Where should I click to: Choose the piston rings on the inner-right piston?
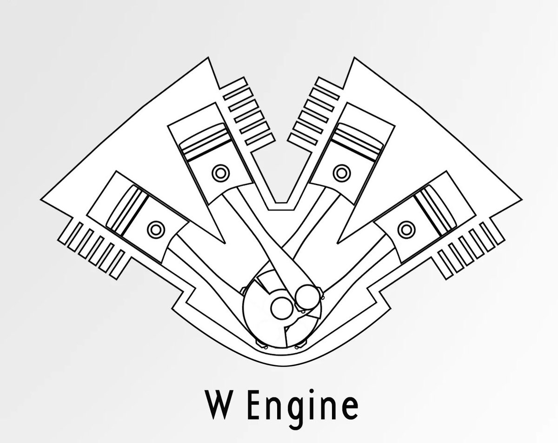tap(352, 139)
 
